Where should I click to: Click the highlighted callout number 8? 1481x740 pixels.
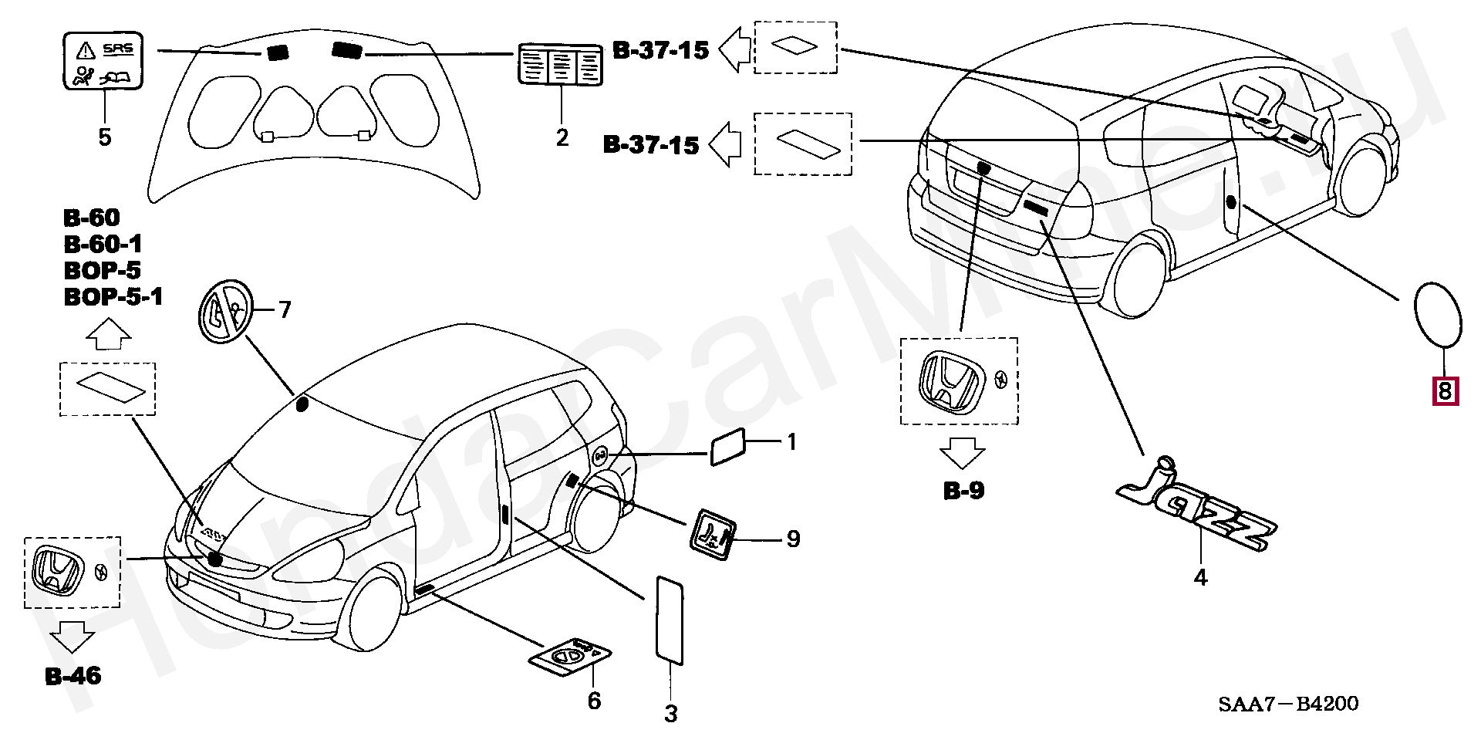coord(1445,391)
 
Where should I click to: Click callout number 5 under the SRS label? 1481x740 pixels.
coord(104,138)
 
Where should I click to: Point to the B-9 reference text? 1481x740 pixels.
coord(964,491)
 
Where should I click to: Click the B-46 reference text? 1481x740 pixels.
coord(73,677)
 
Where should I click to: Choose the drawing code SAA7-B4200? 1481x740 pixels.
coord(1289,704)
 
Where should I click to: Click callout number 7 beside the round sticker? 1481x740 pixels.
coord(285,310)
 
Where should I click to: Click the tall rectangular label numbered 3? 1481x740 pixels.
coord(669,619)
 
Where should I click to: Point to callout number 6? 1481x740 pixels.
coord(593,701)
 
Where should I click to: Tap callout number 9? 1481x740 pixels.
coord(793,539)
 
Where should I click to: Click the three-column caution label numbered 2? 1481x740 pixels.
coord(559,64)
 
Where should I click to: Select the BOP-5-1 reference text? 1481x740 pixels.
coord(113,297)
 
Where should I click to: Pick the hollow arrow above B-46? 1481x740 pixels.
coord(73,637)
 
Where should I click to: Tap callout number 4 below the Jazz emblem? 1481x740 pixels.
coord(1200,577)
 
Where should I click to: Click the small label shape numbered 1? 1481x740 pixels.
coord(727,447)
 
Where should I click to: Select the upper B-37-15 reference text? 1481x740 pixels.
coord(661,51)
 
